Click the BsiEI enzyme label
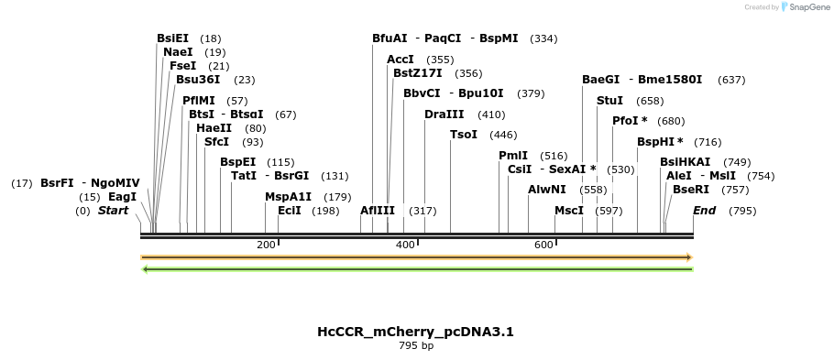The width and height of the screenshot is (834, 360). pyautogui.click(x=173, y=38)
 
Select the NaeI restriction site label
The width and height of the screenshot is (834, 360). pyautogui.click(x=178, y=52)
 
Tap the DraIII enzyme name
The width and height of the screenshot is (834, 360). pyautogui.click(x=444, y=115)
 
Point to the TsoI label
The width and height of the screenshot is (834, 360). pyautogui.click(x=464, y=135)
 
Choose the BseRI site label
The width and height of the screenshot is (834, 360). pyautogui.click(x=691, y=190)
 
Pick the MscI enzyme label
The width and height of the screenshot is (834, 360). pyautogui.click(x=569, y=211)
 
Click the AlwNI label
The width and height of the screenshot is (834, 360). pyautogui.click(x=547, y=190)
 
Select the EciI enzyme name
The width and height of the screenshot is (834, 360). pyautogui.click(x=290, y=211)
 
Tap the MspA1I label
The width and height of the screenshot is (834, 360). pyautogui.click(x=289, y=197)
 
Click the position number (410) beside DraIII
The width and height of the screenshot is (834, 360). pyautogui.click(x=491, y=115)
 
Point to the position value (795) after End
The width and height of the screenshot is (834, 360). pyautogui.click(x=742, y=211)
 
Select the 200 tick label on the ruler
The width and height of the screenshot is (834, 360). pyautogui.click(x=266, y=245)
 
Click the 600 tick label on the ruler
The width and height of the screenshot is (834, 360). pyautogui.click(x=543, y=245)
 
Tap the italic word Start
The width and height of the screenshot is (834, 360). pyautogui.click(x=114, y=211)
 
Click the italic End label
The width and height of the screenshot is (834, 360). pyautogui.click(x=705, y=211)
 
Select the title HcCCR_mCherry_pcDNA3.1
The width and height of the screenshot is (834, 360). pyautogui.click(x=416, y=332)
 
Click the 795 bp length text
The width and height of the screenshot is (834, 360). pyautogui.click(x=416, y=346)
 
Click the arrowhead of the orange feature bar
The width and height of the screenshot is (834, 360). pyautogui.click(x=688, y=257)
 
